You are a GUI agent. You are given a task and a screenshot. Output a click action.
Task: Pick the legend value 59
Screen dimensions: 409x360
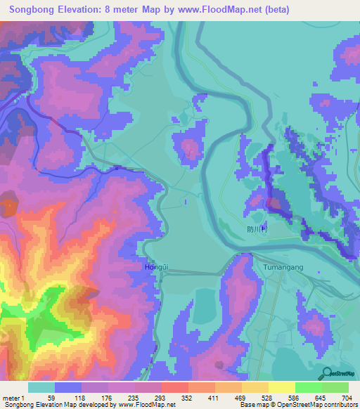[x=51, y=398]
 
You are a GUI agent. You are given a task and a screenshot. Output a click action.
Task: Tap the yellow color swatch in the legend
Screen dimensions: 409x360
[x=281, y=387]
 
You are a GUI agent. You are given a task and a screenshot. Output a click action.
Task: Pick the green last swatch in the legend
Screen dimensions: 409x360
[x=335, y=387]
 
